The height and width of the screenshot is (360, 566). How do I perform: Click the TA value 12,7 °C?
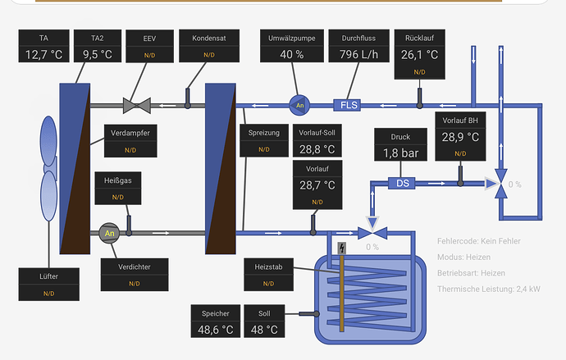point(43,55)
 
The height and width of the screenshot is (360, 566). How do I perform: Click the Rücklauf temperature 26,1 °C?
point(419,55)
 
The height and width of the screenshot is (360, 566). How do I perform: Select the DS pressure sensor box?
point(403,183)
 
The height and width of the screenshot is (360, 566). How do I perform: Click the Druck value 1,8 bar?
point(399,153)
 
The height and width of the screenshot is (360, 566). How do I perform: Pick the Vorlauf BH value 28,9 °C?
point(459,136)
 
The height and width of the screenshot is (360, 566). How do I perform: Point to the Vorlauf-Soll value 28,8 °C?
point(316,149)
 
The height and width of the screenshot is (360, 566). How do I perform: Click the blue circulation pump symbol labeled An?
point(299,105)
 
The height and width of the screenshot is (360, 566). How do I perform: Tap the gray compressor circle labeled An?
point(109,233)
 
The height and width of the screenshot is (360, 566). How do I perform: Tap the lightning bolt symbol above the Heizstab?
point(342,248)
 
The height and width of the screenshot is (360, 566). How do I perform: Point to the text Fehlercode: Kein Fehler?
point(479,241)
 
